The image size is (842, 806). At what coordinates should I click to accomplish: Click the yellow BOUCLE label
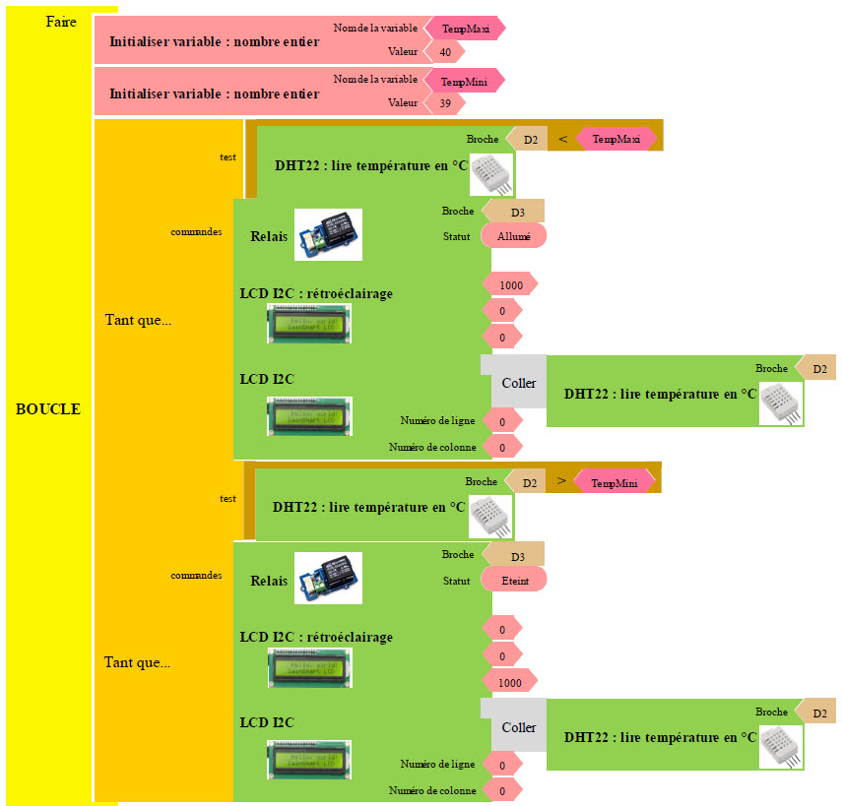[48, 409]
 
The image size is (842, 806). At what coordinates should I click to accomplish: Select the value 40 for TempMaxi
[446, 51]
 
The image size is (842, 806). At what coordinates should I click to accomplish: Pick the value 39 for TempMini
[446, 102]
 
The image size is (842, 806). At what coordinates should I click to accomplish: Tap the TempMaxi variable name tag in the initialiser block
[465, 29]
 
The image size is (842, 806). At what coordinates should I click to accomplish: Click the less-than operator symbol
[562, 140]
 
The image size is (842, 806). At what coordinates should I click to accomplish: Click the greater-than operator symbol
[560, 481]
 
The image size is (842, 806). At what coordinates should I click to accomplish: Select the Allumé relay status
[513, 236]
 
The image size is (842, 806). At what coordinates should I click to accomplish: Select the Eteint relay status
[513, 581]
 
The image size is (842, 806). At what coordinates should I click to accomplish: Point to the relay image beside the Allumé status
[328, 234]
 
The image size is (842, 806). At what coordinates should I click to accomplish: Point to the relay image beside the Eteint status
[328, 578]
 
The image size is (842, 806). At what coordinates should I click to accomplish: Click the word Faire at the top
[61, 22]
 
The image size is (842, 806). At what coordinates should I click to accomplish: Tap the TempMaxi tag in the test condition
[615, 140]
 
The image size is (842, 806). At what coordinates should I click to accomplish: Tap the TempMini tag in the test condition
[615, 482]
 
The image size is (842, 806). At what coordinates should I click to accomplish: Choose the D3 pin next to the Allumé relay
[515, 212]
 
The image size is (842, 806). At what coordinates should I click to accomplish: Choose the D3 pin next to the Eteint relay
[515, 555]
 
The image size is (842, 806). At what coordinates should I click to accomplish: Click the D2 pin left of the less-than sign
[529, 140]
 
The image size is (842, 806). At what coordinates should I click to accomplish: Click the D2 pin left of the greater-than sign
[527, 482]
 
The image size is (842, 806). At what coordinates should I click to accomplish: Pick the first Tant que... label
[138, 320]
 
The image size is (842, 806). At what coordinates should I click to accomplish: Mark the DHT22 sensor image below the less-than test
[490, 175]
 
